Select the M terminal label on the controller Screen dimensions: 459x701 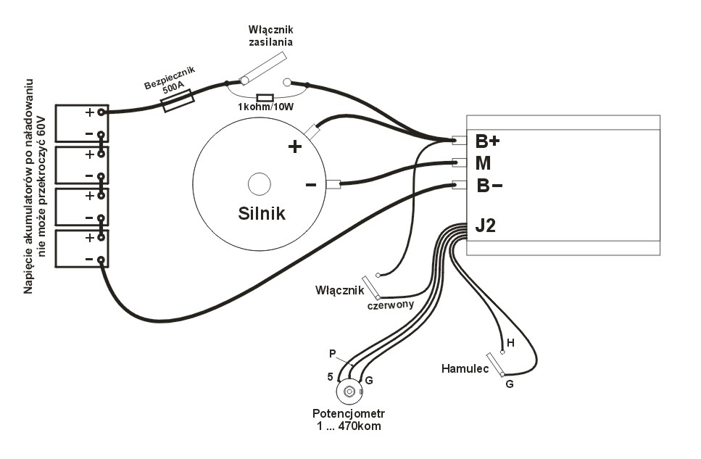484,163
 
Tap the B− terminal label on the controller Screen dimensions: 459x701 490,186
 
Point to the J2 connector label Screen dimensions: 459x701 486,226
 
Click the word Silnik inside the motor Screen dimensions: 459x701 262,214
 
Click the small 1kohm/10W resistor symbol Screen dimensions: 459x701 265,97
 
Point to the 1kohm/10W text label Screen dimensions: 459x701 265,108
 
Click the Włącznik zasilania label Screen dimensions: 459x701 270,35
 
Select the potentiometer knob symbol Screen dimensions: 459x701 349,392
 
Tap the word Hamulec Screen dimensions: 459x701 463,368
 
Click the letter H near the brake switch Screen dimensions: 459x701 510,342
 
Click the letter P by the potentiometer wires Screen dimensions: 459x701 332,353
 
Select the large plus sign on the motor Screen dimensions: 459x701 295,147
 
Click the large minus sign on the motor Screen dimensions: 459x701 311,185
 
